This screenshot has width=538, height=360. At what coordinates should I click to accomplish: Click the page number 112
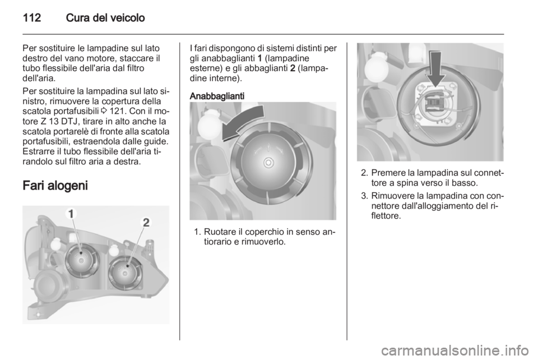point(32,18)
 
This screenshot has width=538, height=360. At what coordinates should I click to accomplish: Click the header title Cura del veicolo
point(105,18)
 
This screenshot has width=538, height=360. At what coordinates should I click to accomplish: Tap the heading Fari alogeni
point(55,186)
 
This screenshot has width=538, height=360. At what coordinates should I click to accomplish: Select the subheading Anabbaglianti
point(217,96)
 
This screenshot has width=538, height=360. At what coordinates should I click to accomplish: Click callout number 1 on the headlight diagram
point(71,214)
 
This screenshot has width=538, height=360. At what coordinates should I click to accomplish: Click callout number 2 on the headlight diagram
point(146,223)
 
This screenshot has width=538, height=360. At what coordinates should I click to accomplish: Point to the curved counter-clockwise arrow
point(243,122)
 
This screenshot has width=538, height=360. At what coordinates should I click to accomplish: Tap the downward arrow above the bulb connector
point(437,68)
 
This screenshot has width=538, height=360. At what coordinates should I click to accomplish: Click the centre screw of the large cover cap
point(268,163)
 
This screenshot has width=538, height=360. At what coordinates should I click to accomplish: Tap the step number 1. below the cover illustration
point(197,232)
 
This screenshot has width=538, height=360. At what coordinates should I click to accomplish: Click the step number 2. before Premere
point(364,173)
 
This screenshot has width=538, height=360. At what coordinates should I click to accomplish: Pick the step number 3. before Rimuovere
point(364,196)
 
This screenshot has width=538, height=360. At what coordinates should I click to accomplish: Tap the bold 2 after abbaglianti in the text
point(293,68)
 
